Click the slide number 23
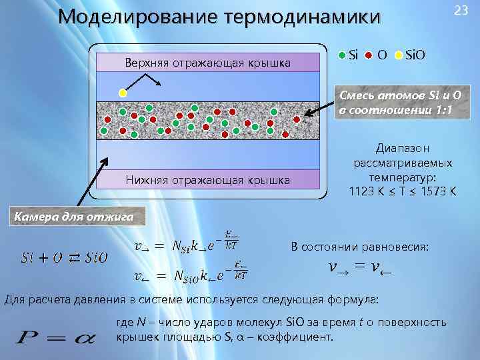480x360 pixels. (460, 10)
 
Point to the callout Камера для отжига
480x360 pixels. (73, 216)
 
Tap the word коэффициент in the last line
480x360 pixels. (299, 337)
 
